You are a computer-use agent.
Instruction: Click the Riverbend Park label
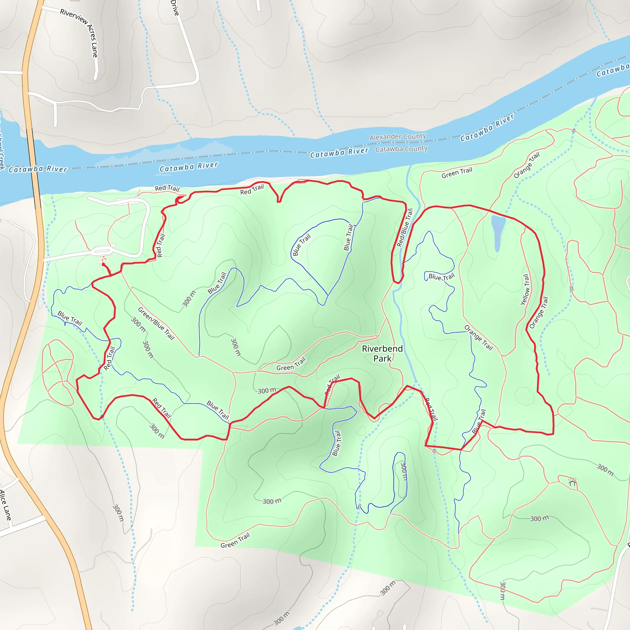(382, 353)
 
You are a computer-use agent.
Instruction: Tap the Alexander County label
(397, 137)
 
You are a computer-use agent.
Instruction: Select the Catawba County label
(401, 149)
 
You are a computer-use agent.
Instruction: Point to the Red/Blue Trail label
(405, 227)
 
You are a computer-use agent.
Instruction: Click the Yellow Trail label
(525, 289)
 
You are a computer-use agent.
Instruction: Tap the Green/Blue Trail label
(156, 324)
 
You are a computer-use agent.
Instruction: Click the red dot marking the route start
(104, 265)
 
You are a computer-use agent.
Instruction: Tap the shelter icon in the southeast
(572, 482)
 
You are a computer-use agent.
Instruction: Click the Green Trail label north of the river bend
(457, 173)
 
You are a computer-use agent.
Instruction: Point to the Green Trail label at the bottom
(235, 541)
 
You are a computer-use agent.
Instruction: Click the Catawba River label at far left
(38, 169)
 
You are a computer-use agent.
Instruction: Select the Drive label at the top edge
(175, 8)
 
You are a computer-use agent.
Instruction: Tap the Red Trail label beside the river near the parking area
(167, 188)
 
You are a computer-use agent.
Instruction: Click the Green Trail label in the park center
(291, 364)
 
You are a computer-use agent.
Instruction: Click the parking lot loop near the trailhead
(102, 251)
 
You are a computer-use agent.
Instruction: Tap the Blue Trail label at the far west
(70, 318)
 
